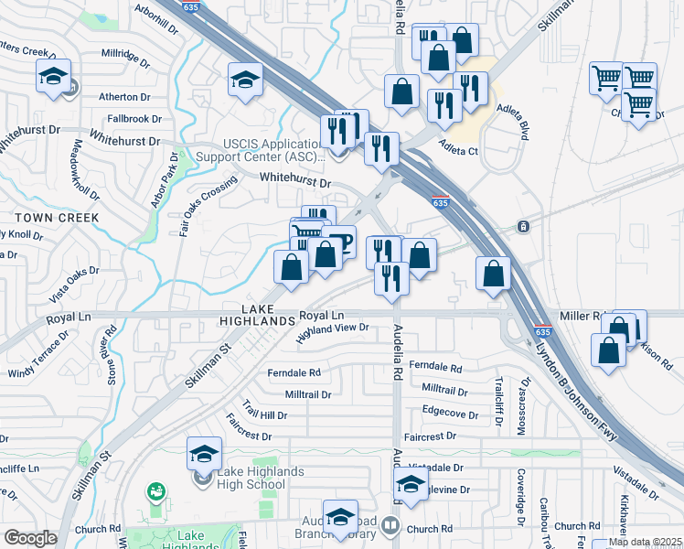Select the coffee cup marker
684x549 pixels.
coord(338,242)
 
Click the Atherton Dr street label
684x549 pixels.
coord(125,96)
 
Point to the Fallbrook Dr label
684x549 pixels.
coord(134,119)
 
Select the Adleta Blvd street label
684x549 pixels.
coord(513,119)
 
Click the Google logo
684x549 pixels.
coord(31,538)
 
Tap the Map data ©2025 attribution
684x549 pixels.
coord(644,542)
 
